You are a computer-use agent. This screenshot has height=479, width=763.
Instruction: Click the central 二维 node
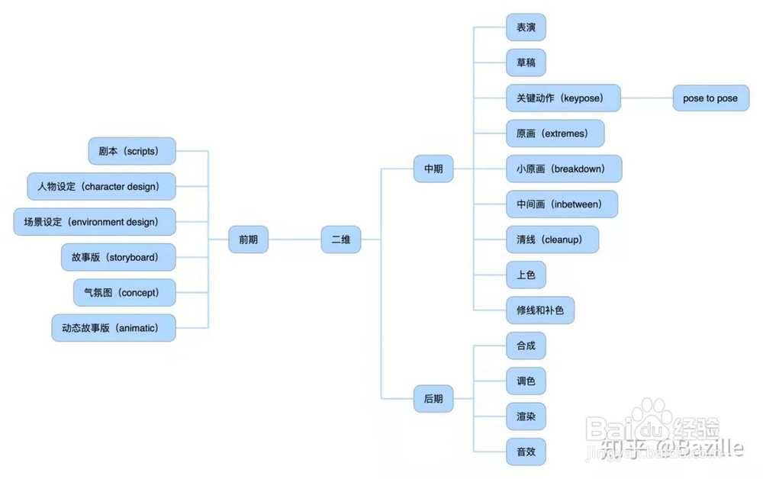click(x=340, y=239)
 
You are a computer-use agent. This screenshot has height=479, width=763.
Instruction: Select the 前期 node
click(x=248, y=239)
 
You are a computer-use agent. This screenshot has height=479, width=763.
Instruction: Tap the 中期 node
click(x=433, y=169)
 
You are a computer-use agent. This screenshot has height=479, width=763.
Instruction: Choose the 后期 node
click(x=433, y=398)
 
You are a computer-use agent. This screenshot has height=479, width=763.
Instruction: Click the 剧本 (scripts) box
click(x=131, y=151)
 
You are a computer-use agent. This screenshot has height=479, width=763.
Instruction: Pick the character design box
click(x=101, y=187)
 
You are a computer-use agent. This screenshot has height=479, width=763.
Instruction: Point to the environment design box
click(x=95, y=222)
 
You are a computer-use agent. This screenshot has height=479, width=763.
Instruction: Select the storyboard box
click(x=118, y=258)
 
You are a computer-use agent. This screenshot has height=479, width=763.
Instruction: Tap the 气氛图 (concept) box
click(x=124, y=293)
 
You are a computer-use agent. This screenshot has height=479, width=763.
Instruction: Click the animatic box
click(x=114, y=328)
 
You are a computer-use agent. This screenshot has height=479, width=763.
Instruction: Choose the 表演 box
click(x=526, y=27)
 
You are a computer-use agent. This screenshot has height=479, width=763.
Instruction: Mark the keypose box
click(x=563, y=98)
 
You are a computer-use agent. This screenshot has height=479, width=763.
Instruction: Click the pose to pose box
click(x=710, y=98)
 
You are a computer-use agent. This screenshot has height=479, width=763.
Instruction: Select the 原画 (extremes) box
click(x=555, y=133)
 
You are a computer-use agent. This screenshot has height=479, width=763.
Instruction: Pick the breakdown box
click(x=564, y=169)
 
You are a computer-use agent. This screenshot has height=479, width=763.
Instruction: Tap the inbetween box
click(x=562, y=204)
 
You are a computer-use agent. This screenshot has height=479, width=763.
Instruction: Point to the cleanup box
click(x=552, y=239)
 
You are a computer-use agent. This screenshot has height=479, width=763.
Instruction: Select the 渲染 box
click(x=526, y=416)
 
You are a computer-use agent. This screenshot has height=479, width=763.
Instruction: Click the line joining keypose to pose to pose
click(x=647, y=98)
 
